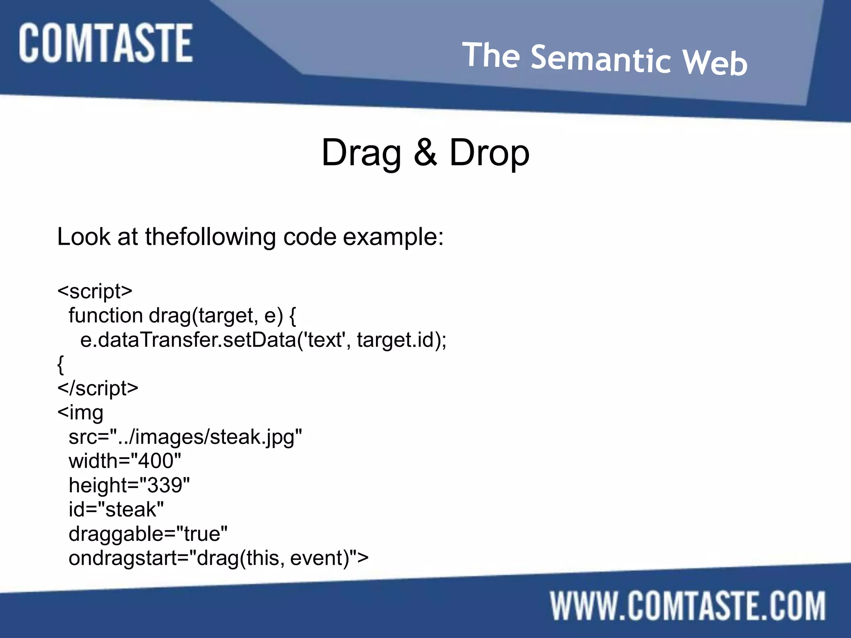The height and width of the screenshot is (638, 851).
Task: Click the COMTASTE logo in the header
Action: (x=106, y=43)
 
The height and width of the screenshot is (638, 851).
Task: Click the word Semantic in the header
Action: (x=600, y=59)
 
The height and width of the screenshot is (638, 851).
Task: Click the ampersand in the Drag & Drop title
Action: (x=425, y=152)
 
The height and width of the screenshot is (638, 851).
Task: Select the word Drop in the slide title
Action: (x=489, y=152)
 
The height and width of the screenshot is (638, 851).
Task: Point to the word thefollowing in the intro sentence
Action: (x=210, y=237)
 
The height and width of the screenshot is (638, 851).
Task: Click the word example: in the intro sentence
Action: (x=393, y=237)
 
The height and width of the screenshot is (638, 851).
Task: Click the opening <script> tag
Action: (x=95, y=291)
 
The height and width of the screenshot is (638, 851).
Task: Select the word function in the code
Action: (x=106, y=315)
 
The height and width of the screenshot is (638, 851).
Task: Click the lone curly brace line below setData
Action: (x=61, y=364)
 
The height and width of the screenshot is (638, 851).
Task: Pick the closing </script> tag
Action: (x=98, y=388)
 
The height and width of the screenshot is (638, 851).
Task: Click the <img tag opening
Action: (x=81, y=412)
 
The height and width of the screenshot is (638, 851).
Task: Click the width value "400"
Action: (x=156, y=461)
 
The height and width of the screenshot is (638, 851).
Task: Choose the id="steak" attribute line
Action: (x=116, y=510)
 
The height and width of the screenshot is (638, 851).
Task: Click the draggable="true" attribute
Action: (x=148, y=534)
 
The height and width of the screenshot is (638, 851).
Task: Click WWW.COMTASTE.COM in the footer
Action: (x=688, y=606)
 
